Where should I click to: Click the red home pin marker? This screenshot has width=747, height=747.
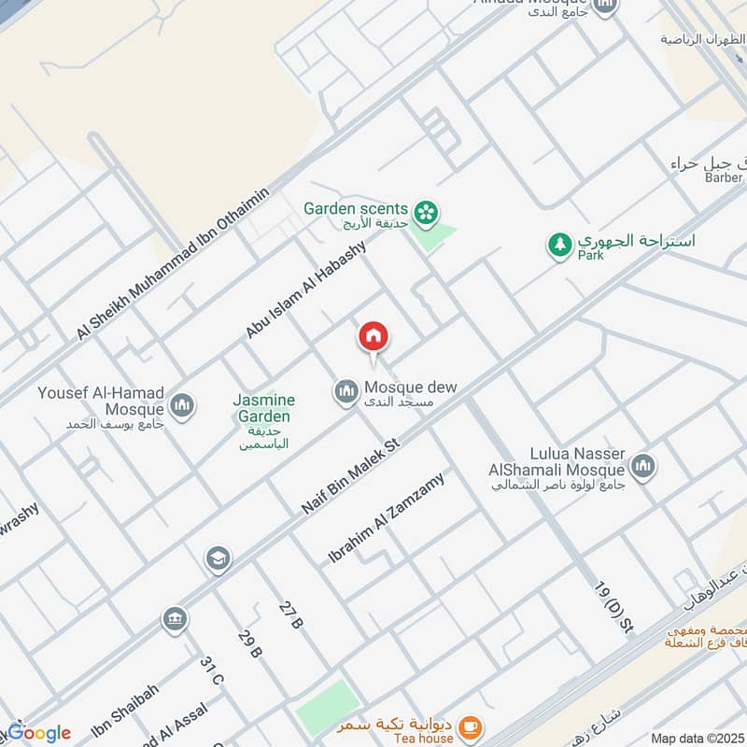(x=373, y=336)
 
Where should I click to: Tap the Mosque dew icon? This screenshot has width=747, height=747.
(x=346, y=390)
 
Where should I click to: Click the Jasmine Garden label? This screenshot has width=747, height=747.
(x=263, y=408)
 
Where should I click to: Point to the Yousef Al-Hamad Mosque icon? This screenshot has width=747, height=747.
(x=182, y=404)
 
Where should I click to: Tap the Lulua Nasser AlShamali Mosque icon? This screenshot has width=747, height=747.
(x=642, y=465)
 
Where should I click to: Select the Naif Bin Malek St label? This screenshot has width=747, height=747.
(x=350, y=475)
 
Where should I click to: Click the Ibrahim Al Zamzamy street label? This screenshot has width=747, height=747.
(x=387, y=518)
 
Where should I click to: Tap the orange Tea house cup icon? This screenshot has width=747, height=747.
(x=472, y=724)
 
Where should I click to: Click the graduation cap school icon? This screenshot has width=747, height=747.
(x=218, y=557)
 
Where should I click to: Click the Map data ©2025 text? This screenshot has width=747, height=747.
(x=696, y=739)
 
